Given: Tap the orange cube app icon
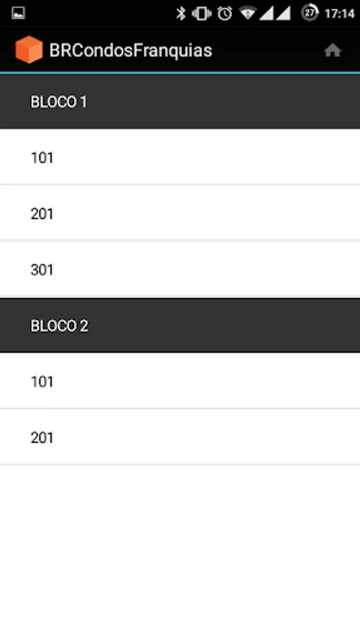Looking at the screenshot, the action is [29, 50].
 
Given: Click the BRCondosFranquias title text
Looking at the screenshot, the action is [131, 50].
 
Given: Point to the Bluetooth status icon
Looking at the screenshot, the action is [181, 14].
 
